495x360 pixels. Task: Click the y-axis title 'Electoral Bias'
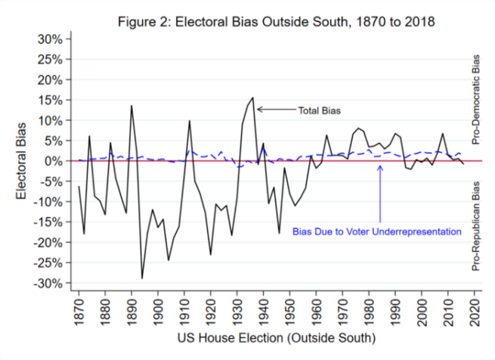(x=22, y=160)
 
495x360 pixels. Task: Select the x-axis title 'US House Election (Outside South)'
(x=276, y=340)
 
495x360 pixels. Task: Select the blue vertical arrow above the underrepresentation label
(x=379, y=194)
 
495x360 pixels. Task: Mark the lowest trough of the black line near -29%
(x=141, y=278)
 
